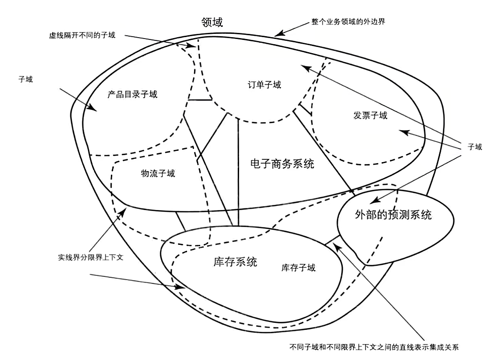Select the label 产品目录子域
132,94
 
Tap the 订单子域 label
264,85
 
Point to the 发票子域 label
370,116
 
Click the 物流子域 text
158,173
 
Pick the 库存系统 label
235,262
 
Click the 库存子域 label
298,268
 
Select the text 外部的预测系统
393,215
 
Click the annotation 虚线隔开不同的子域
82,35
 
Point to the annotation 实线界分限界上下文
91,258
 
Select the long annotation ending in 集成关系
374,348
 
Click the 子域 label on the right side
474,147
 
